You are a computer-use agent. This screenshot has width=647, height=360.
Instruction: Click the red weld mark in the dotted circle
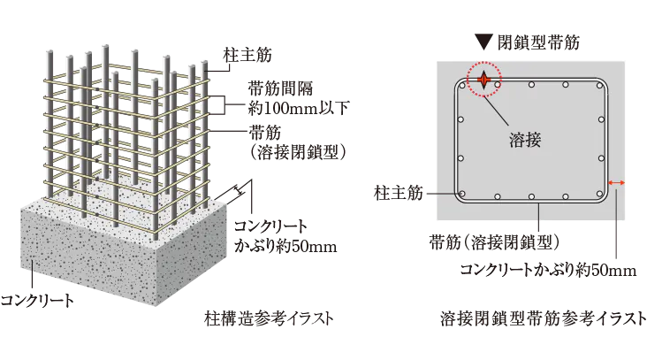483,80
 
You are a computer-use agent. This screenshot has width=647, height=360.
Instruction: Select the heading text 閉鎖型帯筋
538,42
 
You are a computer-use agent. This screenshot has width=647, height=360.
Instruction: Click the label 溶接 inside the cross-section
525,141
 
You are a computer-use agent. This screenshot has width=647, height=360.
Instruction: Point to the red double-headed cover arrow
617,182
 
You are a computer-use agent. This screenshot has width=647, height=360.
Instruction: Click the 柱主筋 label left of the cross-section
399,193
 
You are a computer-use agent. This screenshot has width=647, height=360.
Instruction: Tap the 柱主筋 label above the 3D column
247,55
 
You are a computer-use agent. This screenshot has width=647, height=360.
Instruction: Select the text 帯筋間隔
280,88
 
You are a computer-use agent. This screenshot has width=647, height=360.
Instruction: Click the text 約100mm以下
299,109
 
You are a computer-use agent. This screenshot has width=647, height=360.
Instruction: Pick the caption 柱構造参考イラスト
269,318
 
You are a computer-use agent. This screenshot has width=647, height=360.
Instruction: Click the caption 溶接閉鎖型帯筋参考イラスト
543,318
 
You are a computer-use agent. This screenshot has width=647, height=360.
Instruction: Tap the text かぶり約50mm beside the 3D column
285,247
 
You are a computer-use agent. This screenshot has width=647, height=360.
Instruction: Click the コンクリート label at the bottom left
37,300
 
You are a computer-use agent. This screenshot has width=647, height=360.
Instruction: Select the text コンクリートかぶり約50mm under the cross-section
548,270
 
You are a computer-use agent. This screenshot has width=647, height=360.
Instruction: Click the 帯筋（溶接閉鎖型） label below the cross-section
494,242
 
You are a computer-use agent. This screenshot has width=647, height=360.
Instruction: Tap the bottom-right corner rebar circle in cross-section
600,194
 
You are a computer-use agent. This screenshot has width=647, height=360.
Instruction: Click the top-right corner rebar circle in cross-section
600,86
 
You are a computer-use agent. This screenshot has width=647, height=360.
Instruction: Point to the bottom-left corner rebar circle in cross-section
462,194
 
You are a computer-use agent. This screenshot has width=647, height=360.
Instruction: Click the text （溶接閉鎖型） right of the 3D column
297,153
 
